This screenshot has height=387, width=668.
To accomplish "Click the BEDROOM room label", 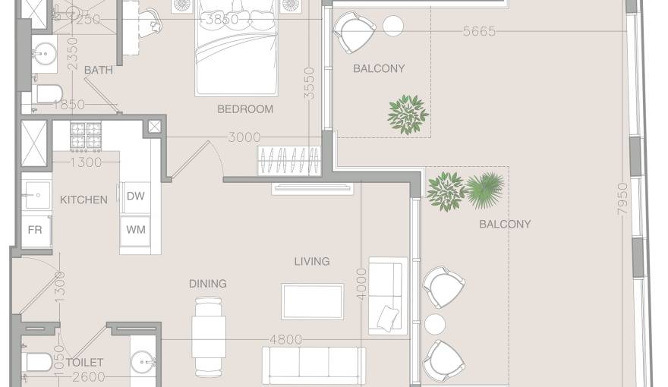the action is (x=245, y=109).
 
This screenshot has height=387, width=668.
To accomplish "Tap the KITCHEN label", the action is (x=83, y=200).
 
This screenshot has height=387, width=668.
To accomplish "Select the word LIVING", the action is (x=312, y=261).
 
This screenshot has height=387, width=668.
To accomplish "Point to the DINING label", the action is (x=208, y=284).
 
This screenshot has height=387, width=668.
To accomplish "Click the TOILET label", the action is (x=84, y=362).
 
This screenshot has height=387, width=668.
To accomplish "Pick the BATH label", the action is (x=99, y=70).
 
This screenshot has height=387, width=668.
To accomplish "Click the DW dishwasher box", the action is (x=135, y=197).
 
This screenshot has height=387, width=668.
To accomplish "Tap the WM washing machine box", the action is (x=135, y=231).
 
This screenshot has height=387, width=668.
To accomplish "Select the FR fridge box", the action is (x=36, y=231).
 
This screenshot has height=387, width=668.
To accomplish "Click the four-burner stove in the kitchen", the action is (x=86, y=137).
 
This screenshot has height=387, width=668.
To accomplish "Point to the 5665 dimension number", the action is (x=479, y=32).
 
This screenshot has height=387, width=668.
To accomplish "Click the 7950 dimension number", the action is (x=622, y=198).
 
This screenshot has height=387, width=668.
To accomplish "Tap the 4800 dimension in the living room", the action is (x=286, y=340).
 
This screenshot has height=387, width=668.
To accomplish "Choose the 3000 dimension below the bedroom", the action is (x=244, y=137).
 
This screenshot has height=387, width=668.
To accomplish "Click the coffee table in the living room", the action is (x=312, y=301).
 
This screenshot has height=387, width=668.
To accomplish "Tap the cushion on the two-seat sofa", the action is (x=388, y=318).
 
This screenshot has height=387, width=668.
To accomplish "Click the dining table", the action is (x=209, y=337).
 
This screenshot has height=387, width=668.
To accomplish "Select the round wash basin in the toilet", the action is (x=143, y=362).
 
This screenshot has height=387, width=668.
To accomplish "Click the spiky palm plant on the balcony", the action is (x=485, y=190).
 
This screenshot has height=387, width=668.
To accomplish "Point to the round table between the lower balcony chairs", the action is (x=435, y=325).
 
